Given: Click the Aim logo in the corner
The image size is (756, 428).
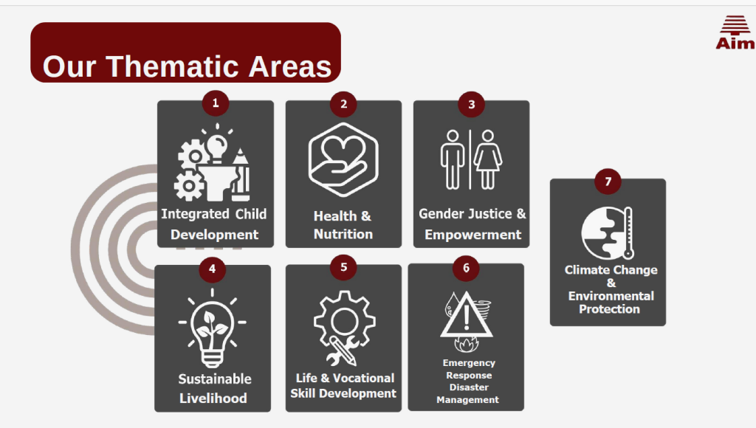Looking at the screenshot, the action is [x=735, y=32].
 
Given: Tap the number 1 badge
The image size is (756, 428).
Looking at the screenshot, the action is [x=216, y=103].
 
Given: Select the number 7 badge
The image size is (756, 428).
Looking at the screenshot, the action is [x=608, y=182].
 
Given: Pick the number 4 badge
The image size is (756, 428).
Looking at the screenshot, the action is [x=212, y=269].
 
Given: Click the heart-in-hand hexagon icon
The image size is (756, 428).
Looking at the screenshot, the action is [x=343, y=159].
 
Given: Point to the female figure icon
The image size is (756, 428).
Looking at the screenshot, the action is [x=488, y=159].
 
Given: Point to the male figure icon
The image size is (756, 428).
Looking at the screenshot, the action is [x=453, y=159].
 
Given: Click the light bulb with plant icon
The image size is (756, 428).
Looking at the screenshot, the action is [x=212, y=328].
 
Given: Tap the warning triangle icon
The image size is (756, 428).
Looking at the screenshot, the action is [x=467, y=315].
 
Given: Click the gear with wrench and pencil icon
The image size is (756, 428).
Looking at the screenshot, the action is [x=344, y=328].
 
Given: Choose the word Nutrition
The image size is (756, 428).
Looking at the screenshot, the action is [x=343, y=234].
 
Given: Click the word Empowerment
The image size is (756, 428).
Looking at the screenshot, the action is [x=473, y=235].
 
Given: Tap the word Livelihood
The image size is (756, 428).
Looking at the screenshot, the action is [x=213, y=398].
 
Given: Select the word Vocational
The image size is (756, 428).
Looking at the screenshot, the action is [x=363, y=378].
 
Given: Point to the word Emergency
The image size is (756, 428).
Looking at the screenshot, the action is [x=469, y=363].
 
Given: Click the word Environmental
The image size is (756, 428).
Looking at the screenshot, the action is [x=611, y=296].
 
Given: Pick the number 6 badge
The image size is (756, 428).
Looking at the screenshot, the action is [x=467, y=268].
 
